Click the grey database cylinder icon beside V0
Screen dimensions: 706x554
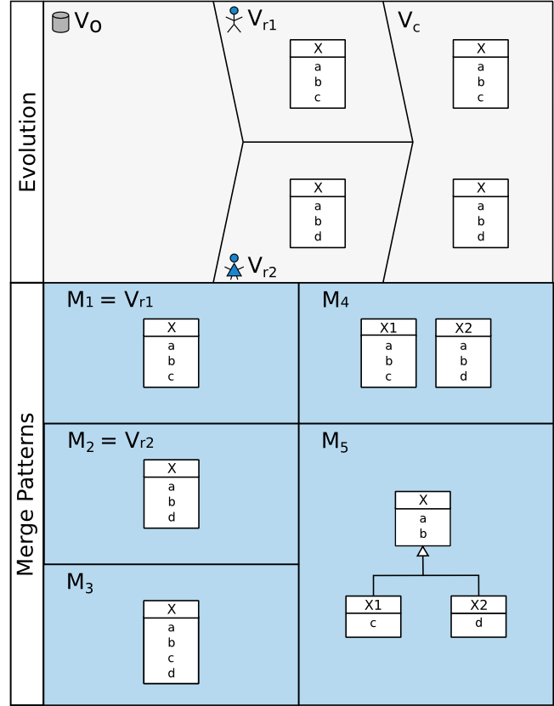[x=60, y=22]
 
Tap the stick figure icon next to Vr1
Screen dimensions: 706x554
[x=234, y=20]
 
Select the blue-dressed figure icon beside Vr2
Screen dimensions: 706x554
[x=234, y=266]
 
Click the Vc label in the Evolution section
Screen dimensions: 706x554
[x=409, y=21]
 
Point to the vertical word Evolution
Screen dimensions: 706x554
[x=28, y=142]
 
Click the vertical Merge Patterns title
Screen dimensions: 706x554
[x=26, y=494]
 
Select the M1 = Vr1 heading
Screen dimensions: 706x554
[x=110, y=300]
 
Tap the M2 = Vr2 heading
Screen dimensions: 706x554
[x=110, y=441]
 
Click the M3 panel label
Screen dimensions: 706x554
[x=80, y=583]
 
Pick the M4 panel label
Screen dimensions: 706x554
[x=336, y=300]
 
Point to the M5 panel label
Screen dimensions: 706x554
[x=335, y=442]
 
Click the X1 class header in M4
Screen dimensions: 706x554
[x=388, y=328]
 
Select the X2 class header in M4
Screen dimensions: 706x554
[x=463, y=328]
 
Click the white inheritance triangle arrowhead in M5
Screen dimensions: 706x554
[x=422, y=551]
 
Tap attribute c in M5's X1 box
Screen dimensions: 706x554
[x=373, y=623]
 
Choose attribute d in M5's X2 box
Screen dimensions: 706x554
[x=478, y=623]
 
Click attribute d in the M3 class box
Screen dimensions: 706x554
[x=171, y=673]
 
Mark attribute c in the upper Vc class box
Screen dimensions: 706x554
[x=480, y=97]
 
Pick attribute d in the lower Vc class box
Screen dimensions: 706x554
[x=480, y=236]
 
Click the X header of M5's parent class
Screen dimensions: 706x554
[x=422, y=500]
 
